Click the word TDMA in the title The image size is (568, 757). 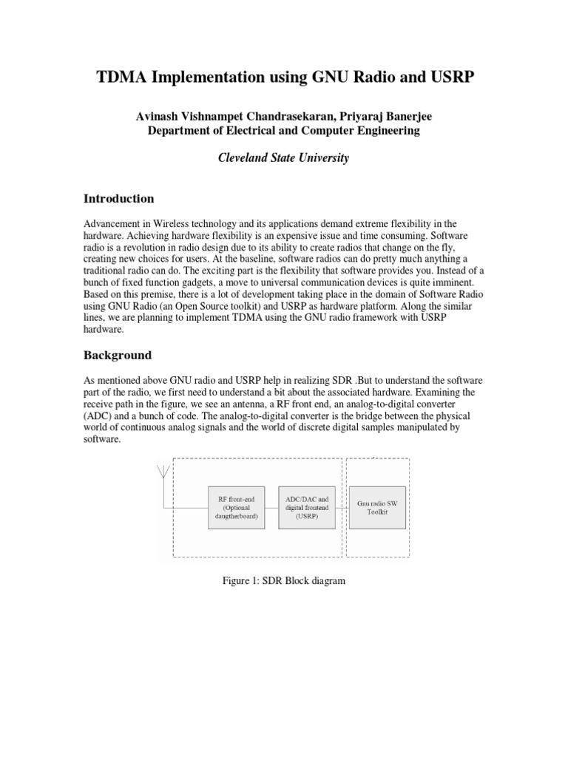(123, 80)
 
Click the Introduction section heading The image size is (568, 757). (119, 199)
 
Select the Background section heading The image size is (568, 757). (117, 356)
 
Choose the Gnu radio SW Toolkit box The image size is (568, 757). (377, 508)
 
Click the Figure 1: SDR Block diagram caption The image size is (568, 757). (284, 581)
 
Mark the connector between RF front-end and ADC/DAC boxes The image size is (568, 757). (271, 508)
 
